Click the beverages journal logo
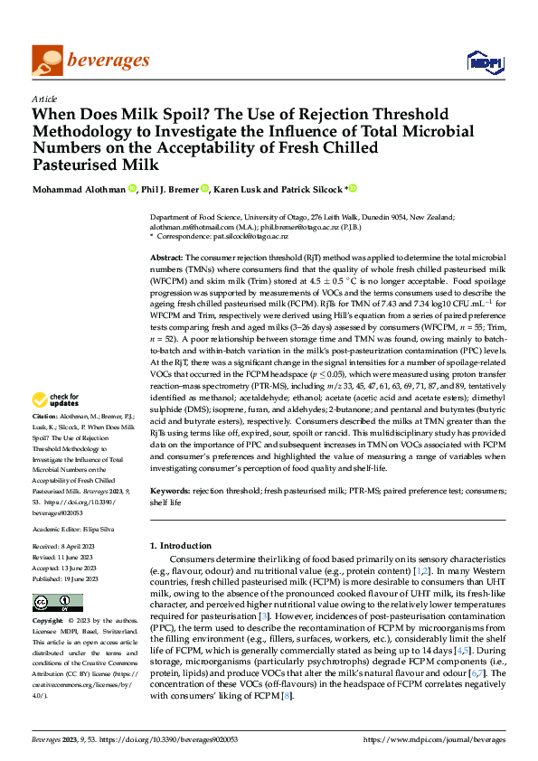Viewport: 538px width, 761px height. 90,60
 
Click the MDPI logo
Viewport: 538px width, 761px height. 486,61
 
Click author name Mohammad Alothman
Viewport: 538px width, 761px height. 79,189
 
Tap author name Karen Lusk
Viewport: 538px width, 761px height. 243,189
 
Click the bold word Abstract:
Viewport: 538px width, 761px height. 167,258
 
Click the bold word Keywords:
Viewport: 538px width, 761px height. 170,491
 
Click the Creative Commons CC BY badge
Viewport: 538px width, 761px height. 58,603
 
